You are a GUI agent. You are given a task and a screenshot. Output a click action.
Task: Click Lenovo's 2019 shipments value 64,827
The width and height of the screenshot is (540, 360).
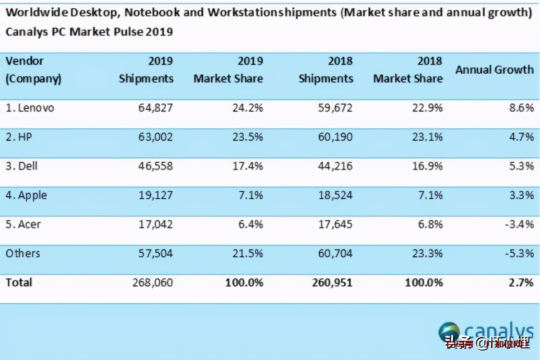pos(155,108)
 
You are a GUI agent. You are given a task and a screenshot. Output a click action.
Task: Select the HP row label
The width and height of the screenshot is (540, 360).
pos(19,137)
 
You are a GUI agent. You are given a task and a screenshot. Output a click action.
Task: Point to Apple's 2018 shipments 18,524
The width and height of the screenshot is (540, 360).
pos(335,195)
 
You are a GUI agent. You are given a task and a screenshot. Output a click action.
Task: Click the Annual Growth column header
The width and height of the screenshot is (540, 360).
pos(495,70)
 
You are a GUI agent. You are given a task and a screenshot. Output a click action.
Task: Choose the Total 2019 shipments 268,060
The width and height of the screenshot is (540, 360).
pos(153,283)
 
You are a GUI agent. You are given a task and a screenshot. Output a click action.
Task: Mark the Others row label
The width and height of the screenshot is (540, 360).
pos(23,254)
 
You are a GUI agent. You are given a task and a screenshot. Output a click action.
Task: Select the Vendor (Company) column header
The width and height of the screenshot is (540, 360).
pos(33,70)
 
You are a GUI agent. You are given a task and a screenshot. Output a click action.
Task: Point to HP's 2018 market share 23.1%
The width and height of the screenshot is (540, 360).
pos(427,137)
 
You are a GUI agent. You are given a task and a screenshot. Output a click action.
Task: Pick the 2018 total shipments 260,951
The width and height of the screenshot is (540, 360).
pos(332,283)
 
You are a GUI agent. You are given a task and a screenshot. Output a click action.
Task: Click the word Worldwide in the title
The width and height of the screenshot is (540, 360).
pos(37,13)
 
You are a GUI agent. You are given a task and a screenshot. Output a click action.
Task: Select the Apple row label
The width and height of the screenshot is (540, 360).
pos(27,195)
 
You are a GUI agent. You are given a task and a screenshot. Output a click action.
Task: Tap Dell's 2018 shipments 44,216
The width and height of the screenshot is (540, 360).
pos(335,166)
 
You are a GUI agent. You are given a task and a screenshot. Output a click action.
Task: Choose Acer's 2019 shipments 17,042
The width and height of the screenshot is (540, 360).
pos(155,224)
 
